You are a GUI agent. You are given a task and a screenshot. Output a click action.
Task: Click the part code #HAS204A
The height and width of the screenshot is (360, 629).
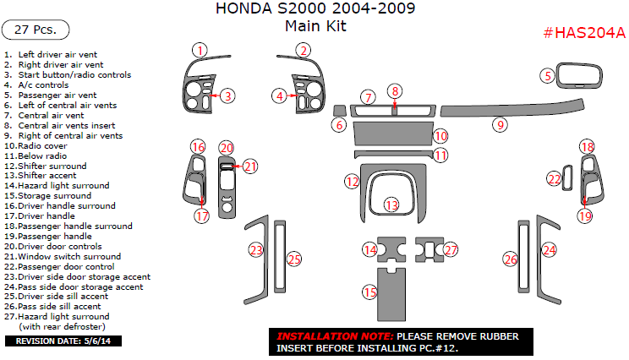tap(583, 33)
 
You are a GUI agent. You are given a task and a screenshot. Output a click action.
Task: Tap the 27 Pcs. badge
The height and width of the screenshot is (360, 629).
tap(36, 30)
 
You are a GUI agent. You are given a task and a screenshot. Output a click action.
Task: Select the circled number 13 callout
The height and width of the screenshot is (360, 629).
tap(391, 205)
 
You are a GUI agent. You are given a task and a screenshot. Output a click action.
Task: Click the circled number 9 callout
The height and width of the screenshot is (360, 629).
tap(500, 125)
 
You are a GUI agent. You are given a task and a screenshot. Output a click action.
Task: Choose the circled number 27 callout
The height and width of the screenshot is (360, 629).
tap(451, 249)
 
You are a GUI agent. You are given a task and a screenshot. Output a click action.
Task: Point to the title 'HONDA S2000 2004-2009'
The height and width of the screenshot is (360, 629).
tap(315, 9)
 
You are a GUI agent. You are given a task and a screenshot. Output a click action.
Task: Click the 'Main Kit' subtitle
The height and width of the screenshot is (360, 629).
tap(315, 26)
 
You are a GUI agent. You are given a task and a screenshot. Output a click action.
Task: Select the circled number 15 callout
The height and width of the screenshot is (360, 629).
tap(369, 292)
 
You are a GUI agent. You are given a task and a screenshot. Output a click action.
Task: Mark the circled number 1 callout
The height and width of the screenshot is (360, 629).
tap(199, 50)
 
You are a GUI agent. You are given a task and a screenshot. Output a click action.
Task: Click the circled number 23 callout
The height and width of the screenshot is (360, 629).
tap(256, 249)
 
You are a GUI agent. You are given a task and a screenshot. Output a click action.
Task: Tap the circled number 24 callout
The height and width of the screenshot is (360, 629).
tap(550, 250)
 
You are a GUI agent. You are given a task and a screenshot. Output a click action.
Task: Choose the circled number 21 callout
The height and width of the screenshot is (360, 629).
tap(250, 166)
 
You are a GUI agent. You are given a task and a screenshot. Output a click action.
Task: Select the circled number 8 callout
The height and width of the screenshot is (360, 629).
tap(395, 91)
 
